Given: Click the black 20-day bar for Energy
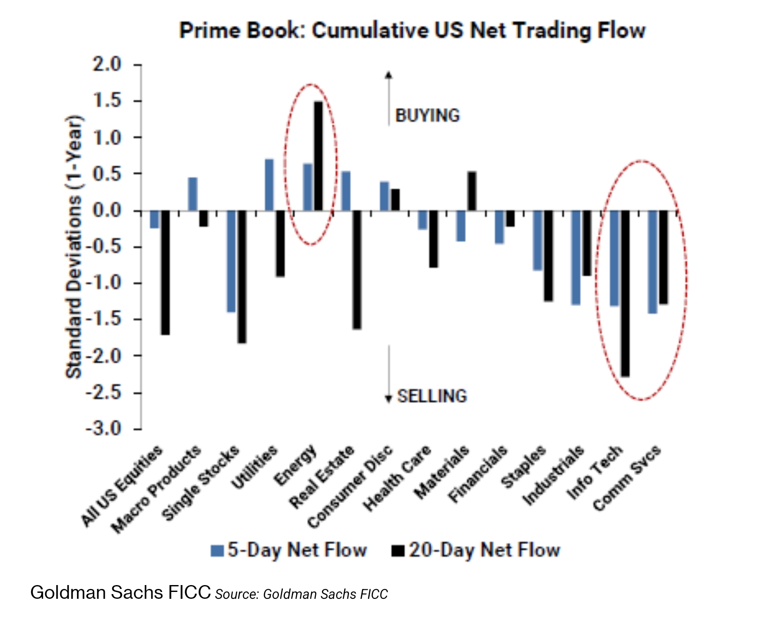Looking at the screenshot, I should [x=318, y=156].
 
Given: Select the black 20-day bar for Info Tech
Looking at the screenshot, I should [x=625, y=293].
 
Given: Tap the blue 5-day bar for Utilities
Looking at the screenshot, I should [x=269, y=185].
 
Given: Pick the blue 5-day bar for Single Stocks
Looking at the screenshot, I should [x=231, y=261].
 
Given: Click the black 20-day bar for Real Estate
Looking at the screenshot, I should [x=357, y=270].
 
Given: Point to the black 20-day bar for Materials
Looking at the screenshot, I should [x=471, y=191].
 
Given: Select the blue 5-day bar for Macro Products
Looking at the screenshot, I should [x=193, y=194].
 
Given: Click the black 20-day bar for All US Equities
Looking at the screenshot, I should [x=165, y=272].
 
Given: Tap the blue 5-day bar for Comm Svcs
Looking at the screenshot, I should [x=652, y=262].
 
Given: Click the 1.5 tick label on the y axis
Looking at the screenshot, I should [x=107, y=101].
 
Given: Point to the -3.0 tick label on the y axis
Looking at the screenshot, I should [x=103, y=429].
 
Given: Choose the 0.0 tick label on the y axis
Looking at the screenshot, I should [x=107, y=210].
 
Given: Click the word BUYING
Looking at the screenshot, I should [x=427, y=116].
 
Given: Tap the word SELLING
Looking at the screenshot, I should [x=432, y=396].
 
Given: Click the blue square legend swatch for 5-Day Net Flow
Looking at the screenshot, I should [x=217, y=551].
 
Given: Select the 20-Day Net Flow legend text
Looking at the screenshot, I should [x=484, y=550].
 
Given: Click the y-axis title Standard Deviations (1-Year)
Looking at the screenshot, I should [x=73, y=247].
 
